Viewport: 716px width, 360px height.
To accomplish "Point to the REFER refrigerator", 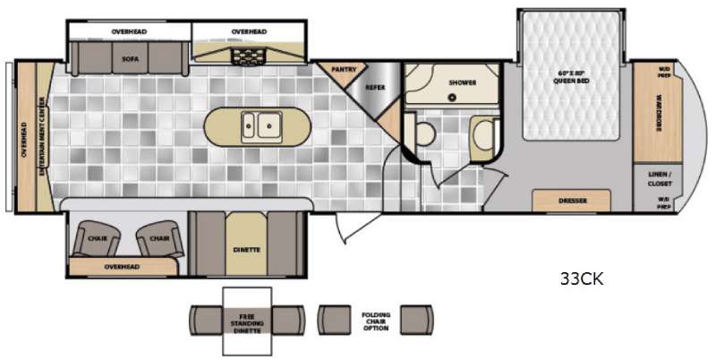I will click(x=374, y=87).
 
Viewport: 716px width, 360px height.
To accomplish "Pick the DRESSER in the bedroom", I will click(x=571, y=201).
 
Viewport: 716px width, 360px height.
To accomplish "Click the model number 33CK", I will click(x=581, y=279).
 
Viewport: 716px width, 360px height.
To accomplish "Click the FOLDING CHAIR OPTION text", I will click(x=374, y=320).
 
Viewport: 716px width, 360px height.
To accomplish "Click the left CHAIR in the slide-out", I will click(x=98, y=239).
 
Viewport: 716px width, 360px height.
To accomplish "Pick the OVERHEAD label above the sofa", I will click(x=129, y=31).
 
